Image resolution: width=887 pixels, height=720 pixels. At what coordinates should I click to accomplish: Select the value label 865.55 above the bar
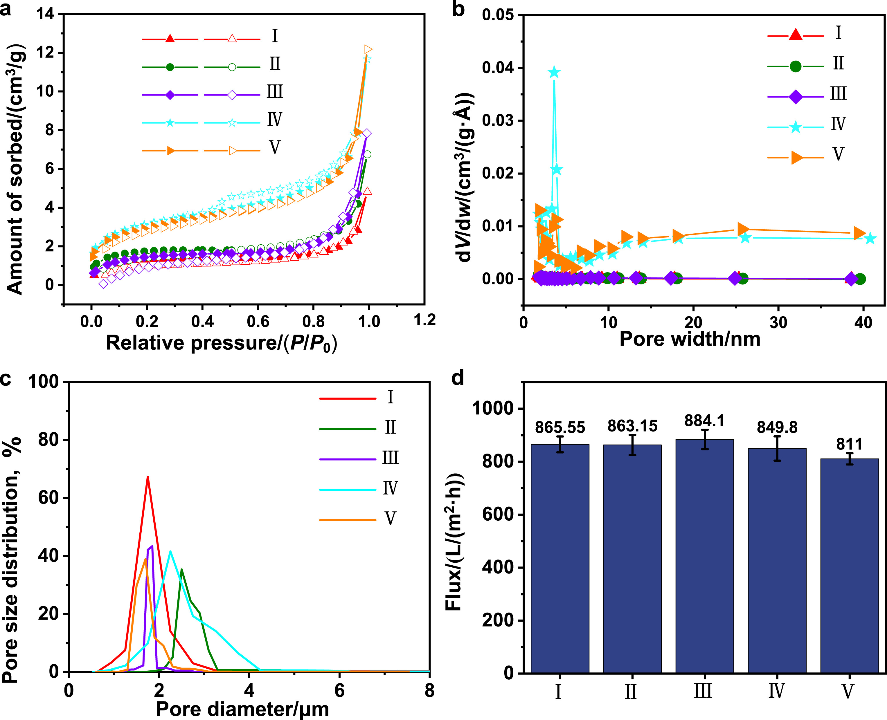tap(560, 427)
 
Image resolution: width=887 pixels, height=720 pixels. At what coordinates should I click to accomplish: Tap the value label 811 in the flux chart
tap(849, 444)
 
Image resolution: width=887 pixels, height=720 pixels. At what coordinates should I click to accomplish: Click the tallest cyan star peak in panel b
tap(554, 73)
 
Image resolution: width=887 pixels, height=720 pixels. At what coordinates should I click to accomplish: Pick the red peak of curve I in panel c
tap(147, 477)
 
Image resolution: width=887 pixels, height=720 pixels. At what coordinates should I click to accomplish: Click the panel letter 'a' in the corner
tap(6, 9)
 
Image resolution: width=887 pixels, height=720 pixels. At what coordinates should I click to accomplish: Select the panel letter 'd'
tap(458, 378)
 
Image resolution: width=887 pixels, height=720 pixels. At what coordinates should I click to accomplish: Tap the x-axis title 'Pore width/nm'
tap(690, 339)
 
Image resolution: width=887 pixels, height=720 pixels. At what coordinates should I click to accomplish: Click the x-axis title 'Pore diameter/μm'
tap(242, 709)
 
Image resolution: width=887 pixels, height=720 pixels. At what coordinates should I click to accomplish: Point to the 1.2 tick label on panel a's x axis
tap(424, 320)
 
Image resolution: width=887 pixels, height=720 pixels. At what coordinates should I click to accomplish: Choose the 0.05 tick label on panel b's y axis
tap(497, 15)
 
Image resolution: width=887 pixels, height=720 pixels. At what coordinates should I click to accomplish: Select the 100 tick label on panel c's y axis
tap(43, 382)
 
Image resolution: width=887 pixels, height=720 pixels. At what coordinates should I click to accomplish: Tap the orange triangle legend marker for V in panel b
tap(796, 158)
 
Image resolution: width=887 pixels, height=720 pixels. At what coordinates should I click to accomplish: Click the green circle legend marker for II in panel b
tap(795, 66)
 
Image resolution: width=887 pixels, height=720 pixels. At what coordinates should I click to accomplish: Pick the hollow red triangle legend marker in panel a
tap(232, 39)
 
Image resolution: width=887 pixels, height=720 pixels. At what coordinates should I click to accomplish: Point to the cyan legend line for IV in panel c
tap(348, 490)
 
